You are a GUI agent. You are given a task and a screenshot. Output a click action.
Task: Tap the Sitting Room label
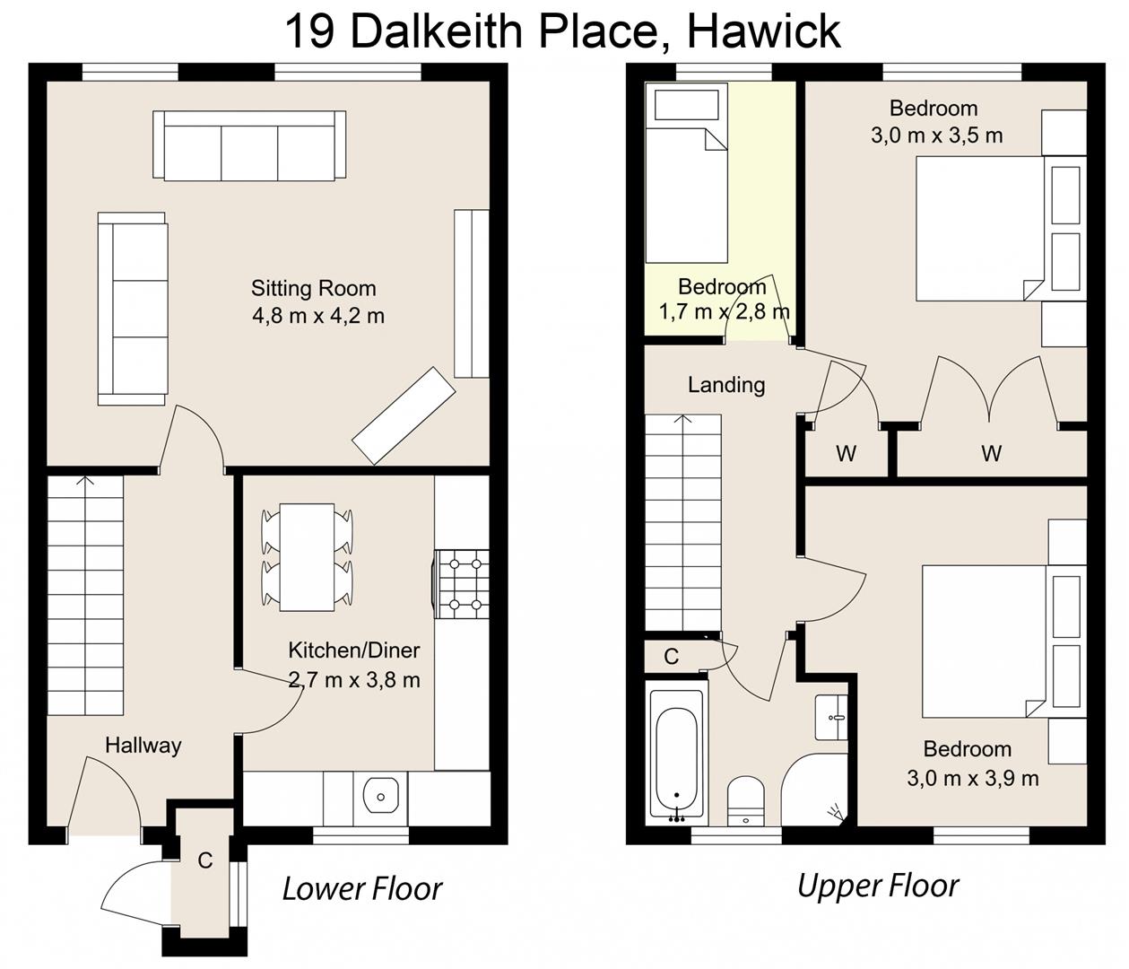click(313, 288)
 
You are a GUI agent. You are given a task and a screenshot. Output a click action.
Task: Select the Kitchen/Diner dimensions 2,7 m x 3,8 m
click(354, 679)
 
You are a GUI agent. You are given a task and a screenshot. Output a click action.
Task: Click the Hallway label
click(143, 745)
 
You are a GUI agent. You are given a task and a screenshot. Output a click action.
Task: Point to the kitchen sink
click(381, 795)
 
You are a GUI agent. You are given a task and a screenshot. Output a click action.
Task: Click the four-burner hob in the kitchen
click(463, 584)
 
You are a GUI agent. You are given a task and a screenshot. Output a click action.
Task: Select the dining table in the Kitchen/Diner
click(307, 556)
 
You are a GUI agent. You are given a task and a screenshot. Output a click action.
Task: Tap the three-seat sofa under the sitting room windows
click(249, 145)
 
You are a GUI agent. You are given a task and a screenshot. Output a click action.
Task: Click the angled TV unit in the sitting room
click(404, 415)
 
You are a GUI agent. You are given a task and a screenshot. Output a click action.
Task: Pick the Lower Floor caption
click(361, 888)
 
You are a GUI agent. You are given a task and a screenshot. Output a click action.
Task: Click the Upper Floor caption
click(877, 886)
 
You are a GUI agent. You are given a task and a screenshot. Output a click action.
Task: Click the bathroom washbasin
click(830, 717)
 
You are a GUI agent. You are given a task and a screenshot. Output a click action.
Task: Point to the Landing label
click(726, 385)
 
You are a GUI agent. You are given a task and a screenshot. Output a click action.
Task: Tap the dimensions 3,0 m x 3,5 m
click(936, 135)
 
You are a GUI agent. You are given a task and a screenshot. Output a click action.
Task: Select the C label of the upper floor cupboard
click(671, 657)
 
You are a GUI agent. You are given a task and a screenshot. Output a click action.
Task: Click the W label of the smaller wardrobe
click(846, 453)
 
